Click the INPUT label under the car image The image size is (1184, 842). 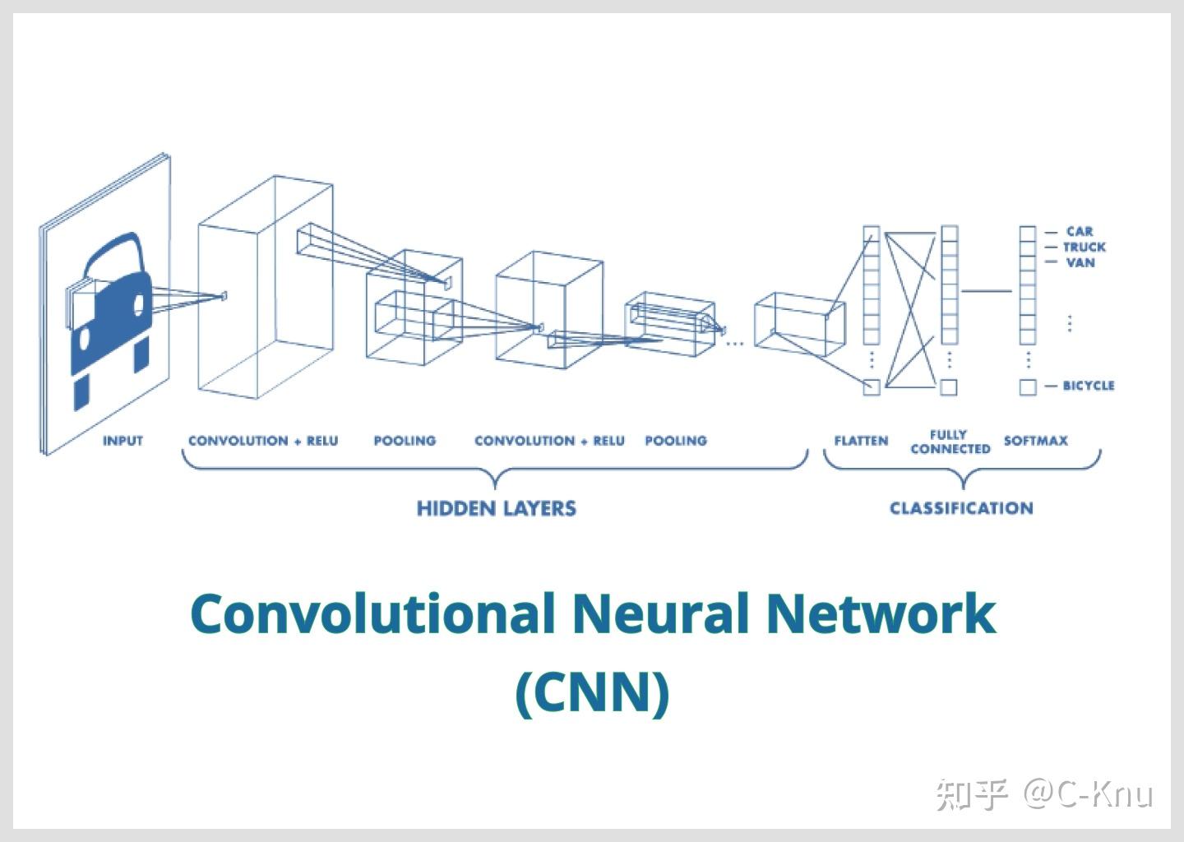pyautogui.click(x=123, y=441)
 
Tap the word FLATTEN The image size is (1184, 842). pyautogui.click(x=861, y=441)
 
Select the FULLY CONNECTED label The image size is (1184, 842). pyautogui.click(x=950, y=442)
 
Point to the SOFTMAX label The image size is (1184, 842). pyautogui.click(x=1035, y=441)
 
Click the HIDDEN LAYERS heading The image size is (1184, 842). pyautogui.click(x=496, y=508)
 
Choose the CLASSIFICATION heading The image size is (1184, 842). pyautogui.click(x=961, y=508)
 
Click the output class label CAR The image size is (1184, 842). pyautogui.click(x=1080, y=232)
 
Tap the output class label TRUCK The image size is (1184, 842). pyautogui.click(x=1084, y=247)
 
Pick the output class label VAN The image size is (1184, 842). pyautogui.click(x=1080, y=262)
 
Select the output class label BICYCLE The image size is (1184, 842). pyautogui.click(x=1088, y=386)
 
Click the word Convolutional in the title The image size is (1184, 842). pyautogui.click(x=372, y=614)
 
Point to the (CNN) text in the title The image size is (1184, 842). pyautogui.click(x=592, y=692)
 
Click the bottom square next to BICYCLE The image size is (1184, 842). pyautogui.click(x=1027, y=386)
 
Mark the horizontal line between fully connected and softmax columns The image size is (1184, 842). pyautogui.click(x=987, y=290)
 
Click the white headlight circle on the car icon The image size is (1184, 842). pyautogui.click(x=137, y=304)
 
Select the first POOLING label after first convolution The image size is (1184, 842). pyautogui.click(x=405, y=441)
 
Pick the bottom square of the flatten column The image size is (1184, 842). pyautogui.click(x=871, y=386)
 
